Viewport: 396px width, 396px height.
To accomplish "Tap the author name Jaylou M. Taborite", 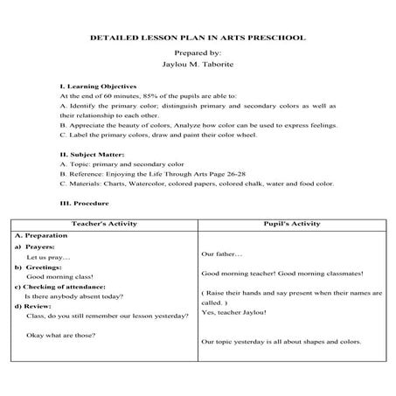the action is click(198, 65).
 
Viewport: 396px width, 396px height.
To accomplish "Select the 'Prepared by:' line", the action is click(198, 53).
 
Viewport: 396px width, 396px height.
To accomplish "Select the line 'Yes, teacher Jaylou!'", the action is click(238, 312).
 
